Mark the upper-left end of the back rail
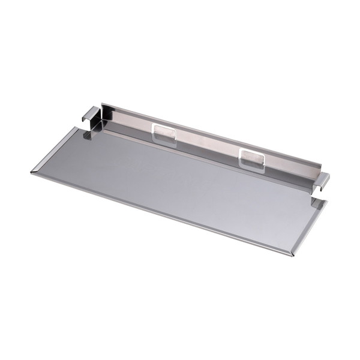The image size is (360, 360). [x=103, y=107]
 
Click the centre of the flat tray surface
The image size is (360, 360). [x=180, y=180]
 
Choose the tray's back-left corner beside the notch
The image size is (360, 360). [x=74, y=128]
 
